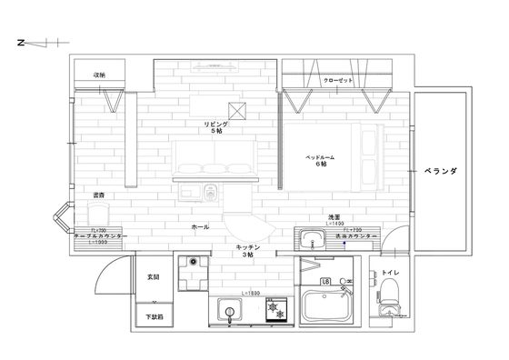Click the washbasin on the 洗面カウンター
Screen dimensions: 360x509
(x=311, y=242)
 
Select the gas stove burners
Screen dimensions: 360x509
(x=274, y=311)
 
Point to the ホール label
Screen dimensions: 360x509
(x=199, y=226)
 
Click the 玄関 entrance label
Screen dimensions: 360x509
(x=152, y=276)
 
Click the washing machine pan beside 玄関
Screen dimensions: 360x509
(x=191, y=270)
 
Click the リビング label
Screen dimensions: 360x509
(x=215, y=124)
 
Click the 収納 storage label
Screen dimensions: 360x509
(x=100, y=75)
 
